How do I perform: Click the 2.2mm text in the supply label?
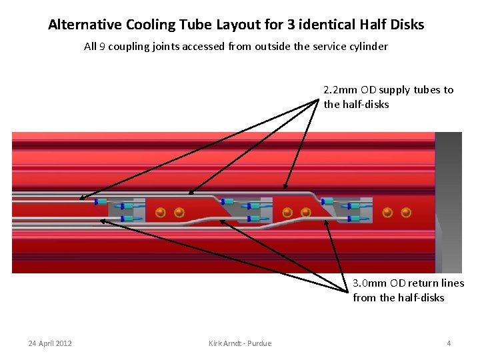pyautogui.click(x=341, y=90)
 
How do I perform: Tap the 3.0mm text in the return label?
pyautogui.click(x=371, y=283)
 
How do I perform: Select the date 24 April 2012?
pyautogui.click(x=50, y=343)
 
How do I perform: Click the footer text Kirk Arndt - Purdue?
pyautogui.click(x=240, y=343)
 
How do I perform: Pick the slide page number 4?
pyautogui.click(x=449, y=343)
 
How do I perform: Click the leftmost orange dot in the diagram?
pyautogui.click(x=161, y=213)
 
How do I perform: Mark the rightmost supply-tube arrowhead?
pyautogui.click(x=285, y=190)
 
